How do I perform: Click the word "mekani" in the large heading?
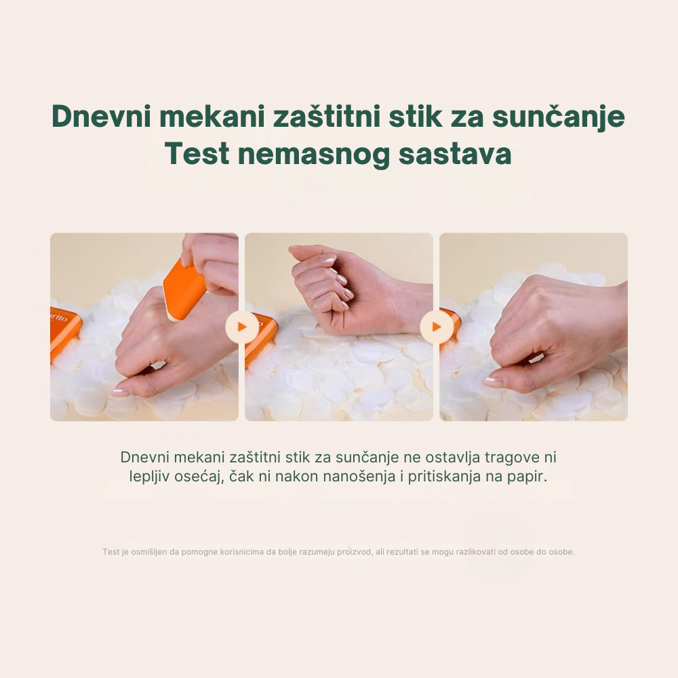[212, 117]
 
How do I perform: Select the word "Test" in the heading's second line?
[197, 154]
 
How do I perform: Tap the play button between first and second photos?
[242, 327]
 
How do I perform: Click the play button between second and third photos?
[436, 327]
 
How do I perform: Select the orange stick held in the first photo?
[184, 288]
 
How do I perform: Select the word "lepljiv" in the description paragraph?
[148, 477]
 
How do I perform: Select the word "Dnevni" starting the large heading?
[101, 117]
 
